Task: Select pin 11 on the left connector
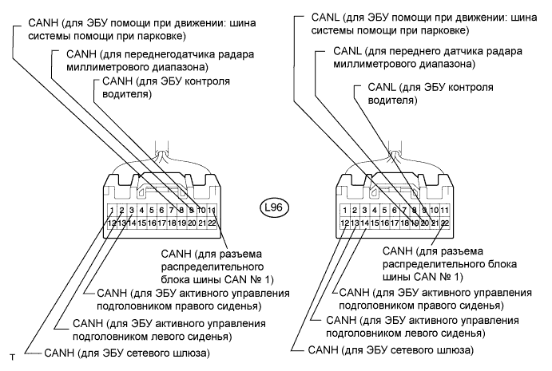pyautogui.click(x=212, y=211)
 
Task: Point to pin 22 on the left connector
pyautogui.click(x=212, y=223)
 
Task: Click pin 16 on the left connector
pyautogui.click(x=152, y=223)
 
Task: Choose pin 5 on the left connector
pyautogui.click(x=151, y=211)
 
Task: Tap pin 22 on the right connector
pyautogui.click(x=445, y=223)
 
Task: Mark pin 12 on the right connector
pyautogui.click(x=345, y=223)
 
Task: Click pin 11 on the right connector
pyautogui.click(x=445, y=211)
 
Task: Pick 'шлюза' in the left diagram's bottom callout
pyautogui.click(x=193, y=352)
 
